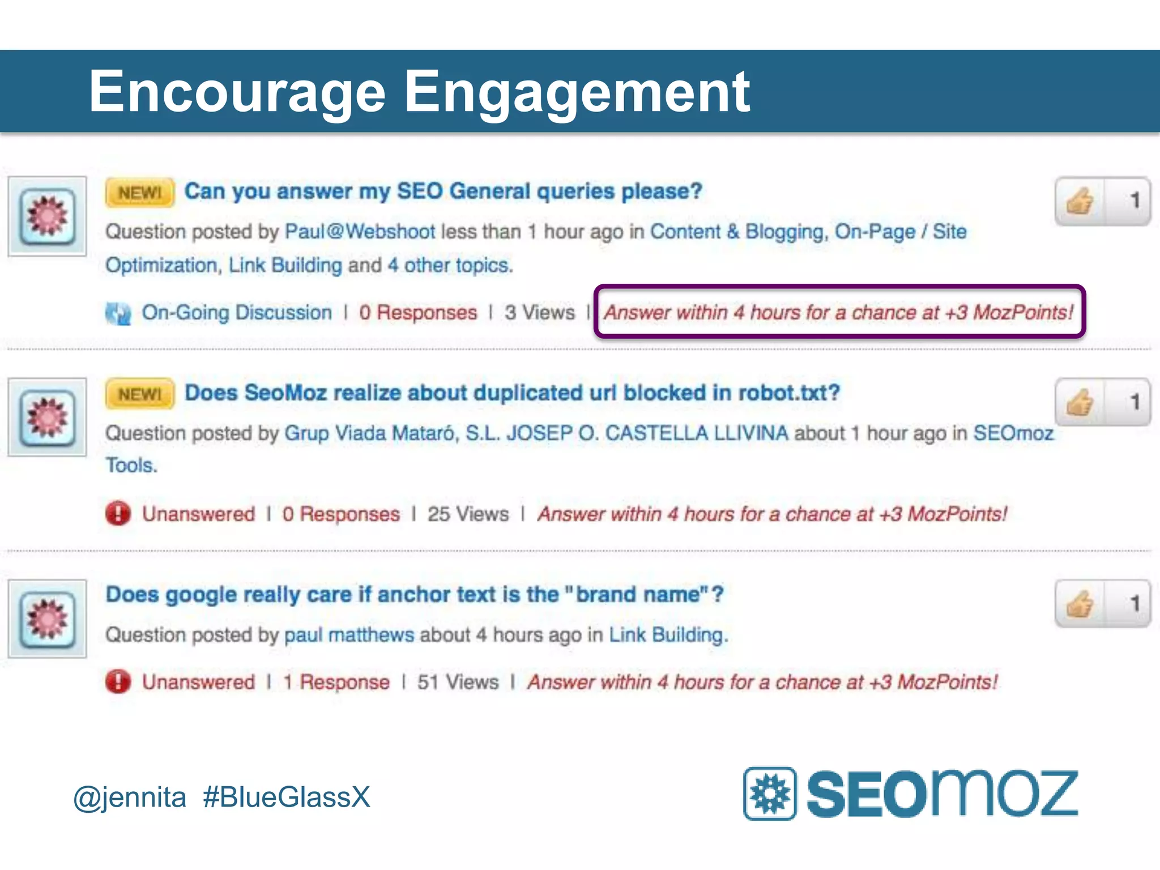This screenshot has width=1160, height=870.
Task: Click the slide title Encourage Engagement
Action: click(419, 92)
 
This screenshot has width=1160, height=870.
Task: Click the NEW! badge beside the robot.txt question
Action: click(139, 394)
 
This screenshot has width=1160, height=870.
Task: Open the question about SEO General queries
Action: click(443, 191)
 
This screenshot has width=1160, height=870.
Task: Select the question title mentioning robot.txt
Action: click(512, 393)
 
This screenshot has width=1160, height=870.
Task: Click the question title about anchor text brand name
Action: click(415, 595)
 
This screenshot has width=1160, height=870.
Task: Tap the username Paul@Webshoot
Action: click(360, 232)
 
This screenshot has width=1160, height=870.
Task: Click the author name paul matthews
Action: click(349, 635)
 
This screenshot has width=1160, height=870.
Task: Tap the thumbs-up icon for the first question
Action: click(1080, 202)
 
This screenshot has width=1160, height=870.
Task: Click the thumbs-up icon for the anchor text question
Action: click(1080, 604)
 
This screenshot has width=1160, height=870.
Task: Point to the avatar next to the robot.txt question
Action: click(48, 417)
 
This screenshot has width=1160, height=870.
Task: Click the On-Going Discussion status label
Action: click(236, 313)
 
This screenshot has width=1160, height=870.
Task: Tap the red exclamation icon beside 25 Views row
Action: click(118, 514)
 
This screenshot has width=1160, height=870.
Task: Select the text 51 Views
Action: click(458, 682)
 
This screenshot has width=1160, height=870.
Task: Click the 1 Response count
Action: click(336, 682)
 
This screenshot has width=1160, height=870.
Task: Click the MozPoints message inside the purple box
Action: click(838, 313)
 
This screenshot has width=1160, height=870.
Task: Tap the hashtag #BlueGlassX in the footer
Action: click(286, 797)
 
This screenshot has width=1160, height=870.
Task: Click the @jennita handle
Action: click(130, 797)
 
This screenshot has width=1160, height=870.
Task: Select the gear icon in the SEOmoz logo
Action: click(770, 794)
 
